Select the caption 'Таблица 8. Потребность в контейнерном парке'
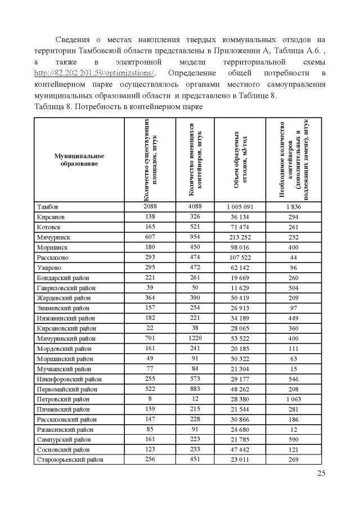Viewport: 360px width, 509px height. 114,106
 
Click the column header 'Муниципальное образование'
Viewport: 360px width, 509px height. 80,159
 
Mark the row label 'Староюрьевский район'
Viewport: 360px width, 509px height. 70,460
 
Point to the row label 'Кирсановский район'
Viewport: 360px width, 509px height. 66,327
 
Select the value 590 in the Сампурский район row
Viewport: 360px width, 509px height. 294,438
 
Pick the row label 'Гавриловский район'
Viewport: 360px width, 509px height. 66,288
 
